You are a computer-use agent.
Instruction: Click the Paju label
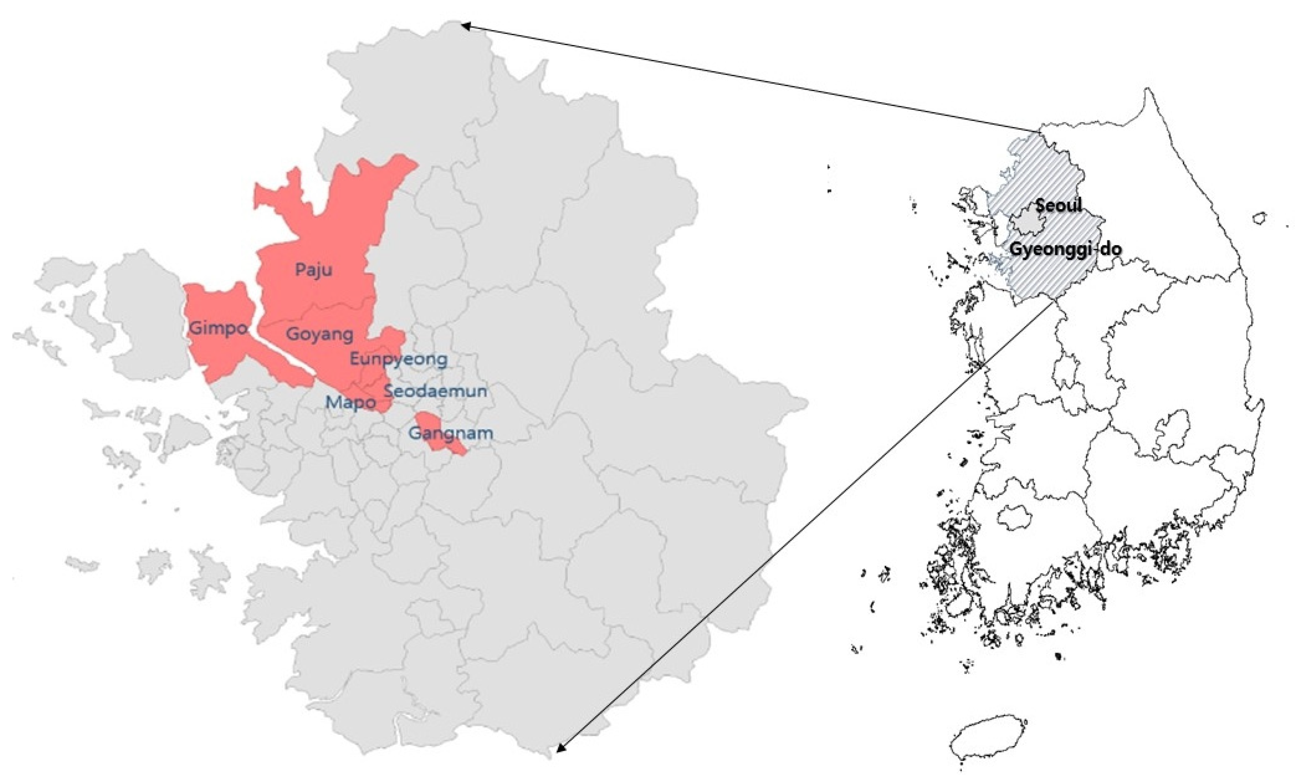[313, 270]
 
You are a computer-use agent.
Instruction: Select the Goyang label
[319, 334]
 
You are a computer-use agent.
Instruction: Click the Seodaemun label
[436, 391]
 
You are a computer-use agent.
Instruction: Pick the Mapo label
[350, 403]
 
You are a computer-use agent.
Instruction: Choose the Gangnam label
[450, 434]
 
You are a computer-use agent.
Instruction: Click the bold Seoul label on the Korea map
[1058, 205]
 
